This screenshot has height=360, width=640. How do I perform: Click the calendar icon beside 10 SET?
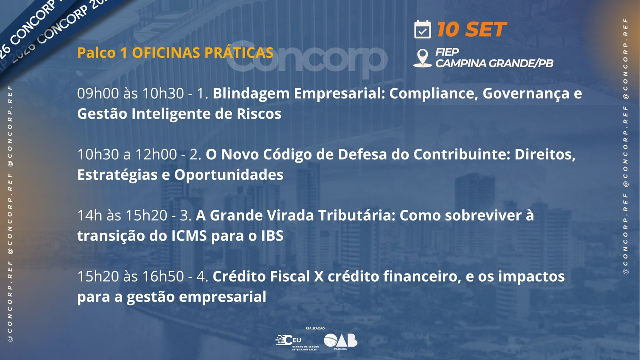(x=423, y=29)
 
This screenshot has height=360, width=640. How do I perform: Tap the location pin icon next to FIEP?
(x=423, y=58)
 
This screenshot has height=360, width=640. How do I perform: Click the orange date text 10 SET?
(x=472, y=29)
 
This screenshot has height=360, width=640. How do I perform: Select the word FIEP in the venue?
(x=447, y=52)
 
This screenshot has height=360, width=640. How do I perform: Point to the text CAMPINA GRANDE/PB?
(x=494, y=63)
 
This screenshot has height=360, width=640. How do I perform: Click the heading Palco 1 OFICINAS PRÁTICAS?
(x=175, y=53)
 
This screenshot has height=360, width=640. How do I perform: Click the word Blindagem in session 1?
(x=251, y=94)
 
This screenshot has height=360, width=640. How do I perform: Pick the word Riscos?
(x=259, y=114)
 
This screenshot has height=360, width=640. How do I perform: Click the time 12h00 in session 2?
(x=156, y=154)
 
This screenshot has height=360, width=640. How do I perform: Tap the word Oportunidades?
(x=229, y=175)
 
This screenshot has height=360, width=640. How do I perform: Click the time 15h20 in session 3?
(x=146, y=215)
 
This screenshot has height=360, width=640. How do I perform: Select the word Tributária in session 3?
(x=357, y=215)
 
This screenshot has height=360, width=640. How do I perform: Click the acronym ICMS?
(x=189, y=236)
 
